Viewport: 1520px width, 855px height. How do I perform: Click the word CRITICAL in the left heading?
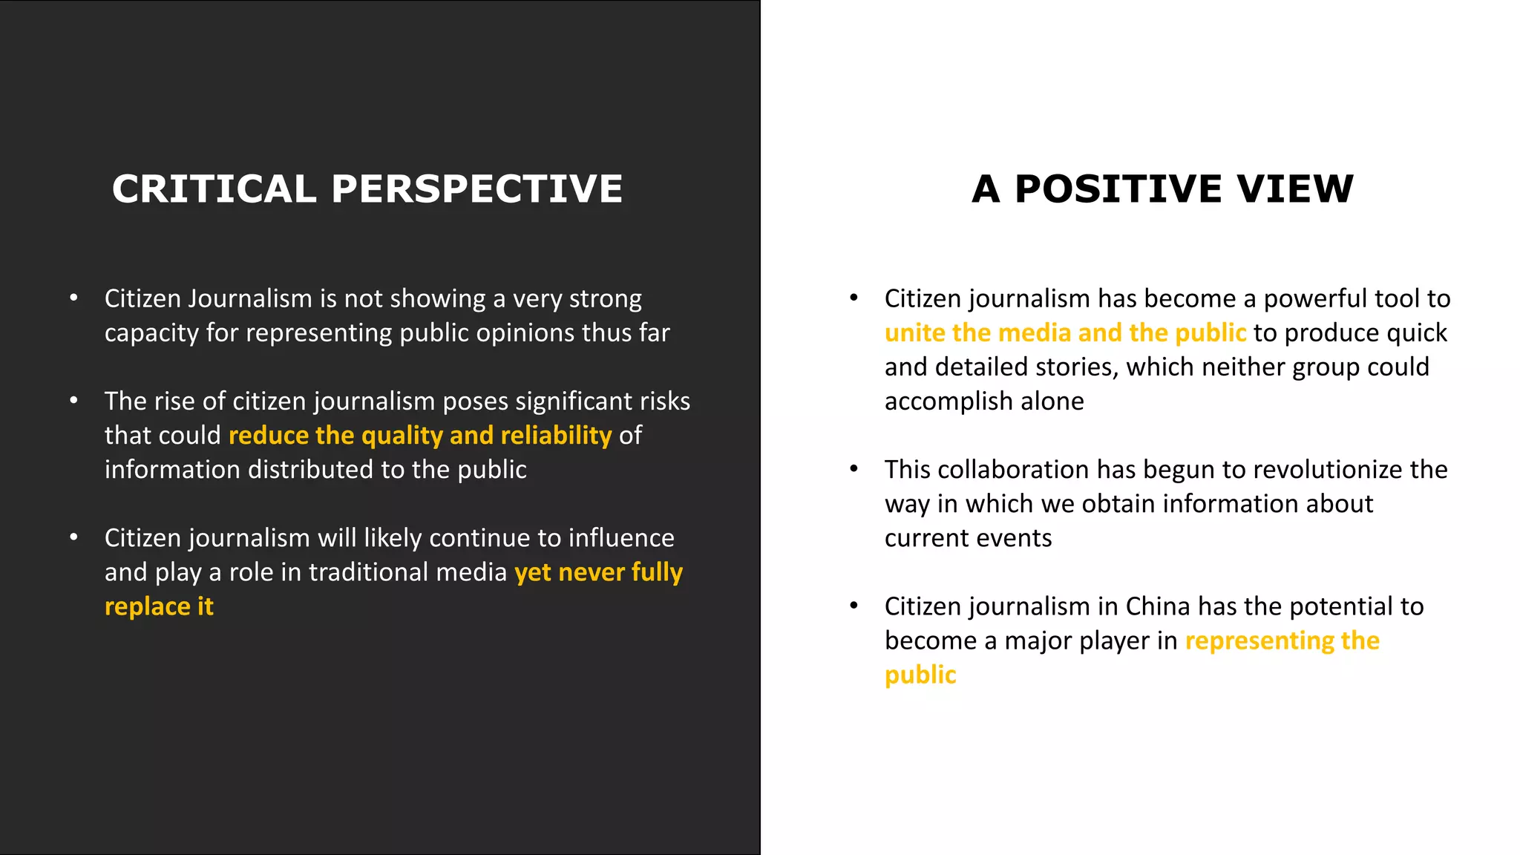pyautogui.click(x=214, y=189)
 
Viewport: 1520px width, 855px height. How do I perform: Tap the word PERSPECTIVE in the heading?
pyautogui.click(x=477, y=189)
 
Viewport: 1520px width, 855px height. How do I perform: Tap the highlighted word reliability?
pyautogui.click(x=556, y=436)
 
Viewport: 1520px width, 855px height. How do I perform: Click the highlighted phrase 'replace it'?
pyautogui.click(x=159, y=607)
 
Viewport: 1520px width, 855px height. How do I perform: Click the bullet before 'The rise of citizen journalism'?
pyautogui.click(x=73, y=401)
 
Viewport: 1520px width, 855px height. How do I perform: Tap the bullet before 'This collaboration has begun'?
pyautogui.click(x=854, y=469)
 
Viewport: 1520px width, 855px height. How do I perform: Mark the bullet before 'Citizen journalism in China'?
pyautogui.click(x=854, y=606)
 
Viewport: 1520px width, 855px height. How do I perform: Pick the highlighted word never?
pyautogui.click(x=592, y=572)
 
